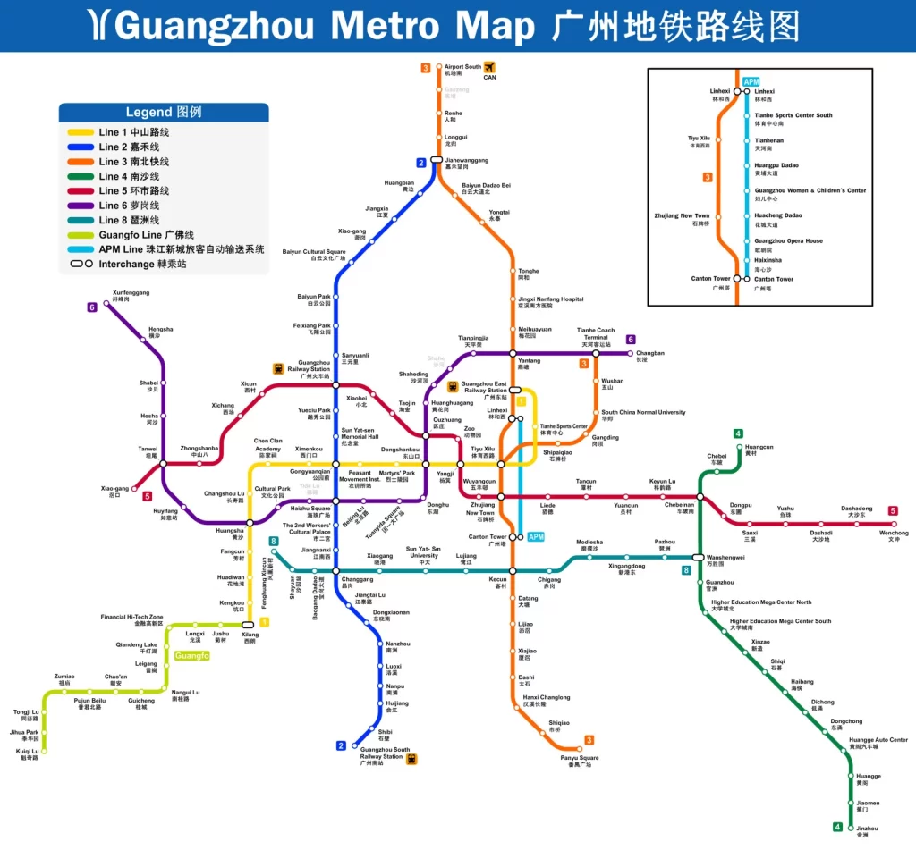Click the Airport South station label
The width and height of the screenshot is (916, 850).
pyautogui.click(x=462, y=70)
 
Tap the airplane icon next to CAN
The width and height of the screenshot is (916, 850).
pyautogui.click(x=489, y=66)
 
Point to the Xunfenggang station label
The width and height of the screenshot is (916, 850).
pyautogui.click(x=131, y=295)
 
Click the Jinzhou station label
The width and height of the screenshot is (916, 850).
pyautogui.click(x=867, y=831)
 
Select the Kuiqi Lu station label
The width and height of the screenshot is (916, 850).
pyautogui.click(x=28, y=754)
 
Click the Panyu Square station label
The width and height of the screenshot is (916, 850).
pyautogui.click(x=580, y=761)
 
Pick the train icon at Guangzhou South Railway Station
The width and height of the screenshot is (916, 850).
pyautogui.click(x=411, y=759)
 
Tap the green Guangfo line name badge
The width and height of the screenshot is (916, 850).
pyautogui.click(x=192, y=656)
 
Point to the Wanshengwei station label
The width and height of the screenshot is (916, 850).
pyautogui.click(x=725, y=560)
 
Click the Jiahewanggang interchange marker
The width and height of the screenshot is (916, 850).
pyautogui.click(x=437, y=160)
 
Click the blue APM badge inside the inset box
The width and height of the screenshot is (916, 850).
pyautogui.click(x=751, y=82)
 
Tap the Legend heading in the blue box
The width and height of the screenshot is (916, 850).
pyautogui.click(x=164, y=113)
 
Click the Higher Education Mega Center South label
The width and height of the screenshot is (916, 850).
pyautogui.click(x=779, y=624)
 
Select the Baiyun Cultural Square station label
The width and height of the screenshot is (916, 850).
pyautogui.click(x=314, y=255)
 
